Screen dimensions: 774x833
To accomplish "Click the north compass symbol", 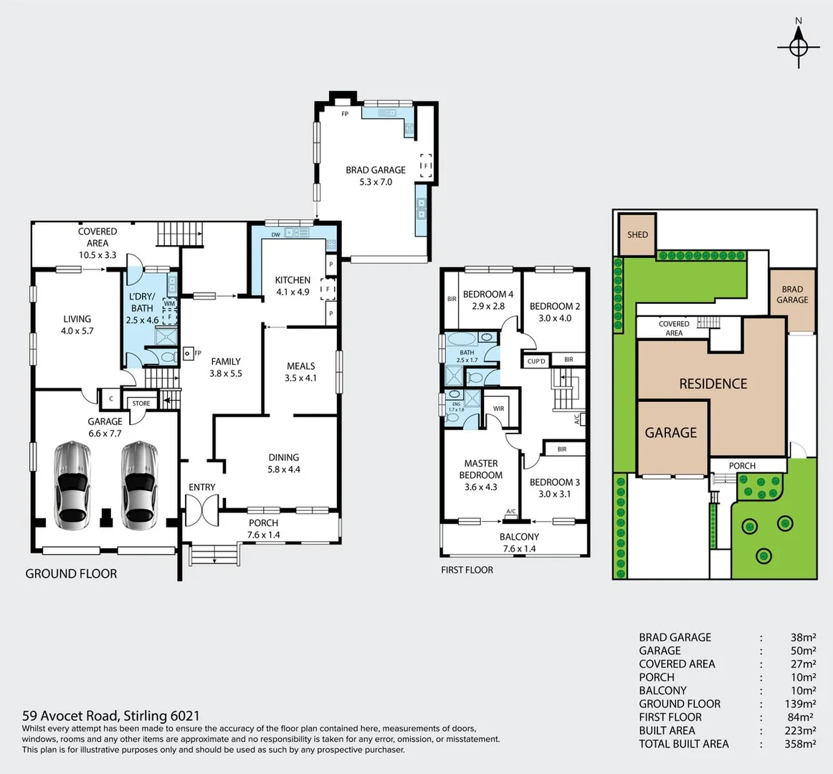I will tap(799, 47).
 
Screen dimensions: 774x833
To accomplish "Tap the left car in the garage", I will tap(73, 484).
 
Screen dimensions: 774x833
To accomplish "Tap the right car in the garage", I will tap(139, 484).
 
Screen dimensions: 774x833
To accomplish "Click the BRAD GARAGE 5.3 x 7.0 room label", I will tap(376, 176).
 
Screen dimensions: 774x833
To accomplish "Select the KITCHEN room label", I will tap(292, 280).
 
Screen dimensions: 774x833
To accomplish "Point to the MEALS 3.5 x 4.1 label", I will tap(300, 371).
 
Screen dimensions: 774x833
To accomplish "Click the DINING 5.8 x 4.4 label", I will tap(284, 463).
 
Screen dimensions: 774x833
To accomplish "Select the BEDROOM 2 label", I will tap(555, 312).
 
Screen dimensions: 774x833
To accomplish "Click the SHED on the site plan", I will tap(637, 234).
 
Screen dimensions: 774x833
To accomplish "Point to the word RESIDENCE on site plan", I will tap(713, 384).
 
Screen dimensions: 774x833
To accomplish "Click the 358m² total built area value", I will tap(800, 744).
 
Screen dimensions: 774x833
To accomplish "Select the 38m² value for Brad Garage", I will tap(800, 637).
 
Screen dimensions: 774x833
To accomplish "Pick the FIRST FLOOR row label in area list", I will tap(670, 717).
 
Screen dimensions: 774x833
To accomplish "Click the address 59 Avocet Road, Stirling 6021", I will tap(111, 715).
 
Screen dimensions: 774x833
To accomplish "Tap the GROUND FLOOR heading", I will tap(71, 573).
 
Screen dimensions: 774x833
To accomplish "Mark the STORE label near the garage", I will tap(141, 403).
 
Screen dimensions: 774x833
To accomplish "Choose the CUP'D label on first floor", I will tap(536, 361).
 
